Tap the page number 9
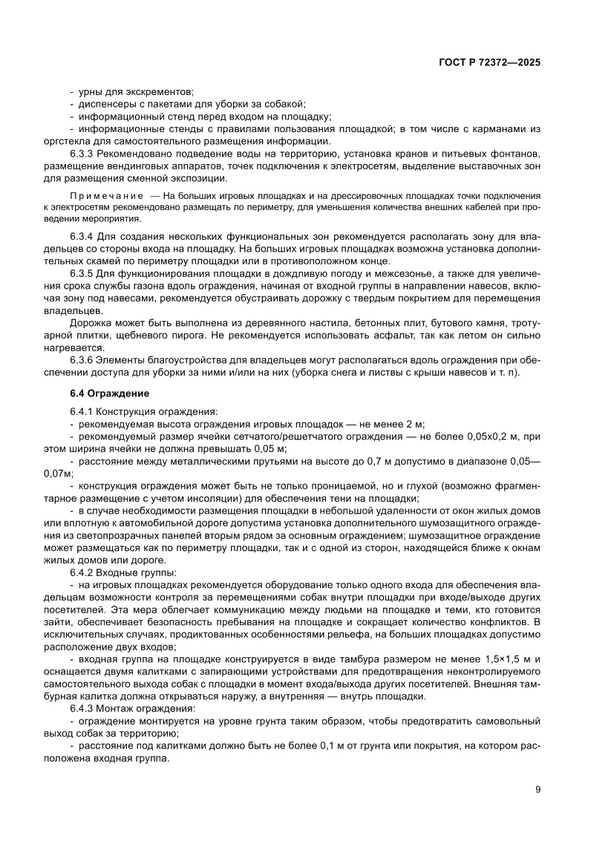click(x=538, y=789)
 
